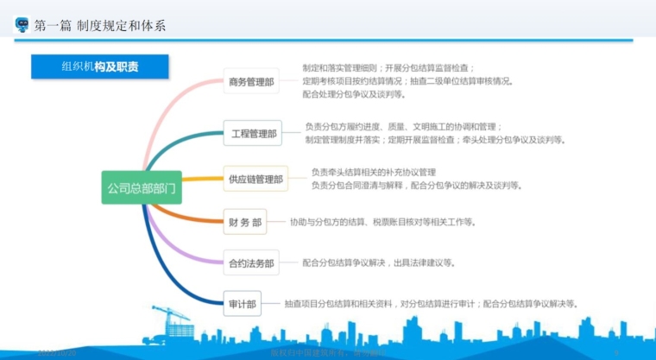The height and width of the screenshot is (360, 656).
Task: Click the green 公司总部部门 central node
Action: pos(141,186)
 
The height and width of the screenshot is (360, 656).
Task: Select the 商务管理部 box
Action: pos(251,82)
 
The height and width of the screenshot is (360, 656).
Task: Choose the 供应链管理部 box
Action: pos(255,180)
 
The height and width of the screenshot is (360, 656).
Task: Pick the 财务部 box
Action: pos(245,222)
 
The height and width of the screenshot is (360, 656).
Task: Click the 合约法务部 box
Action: pos(250,262)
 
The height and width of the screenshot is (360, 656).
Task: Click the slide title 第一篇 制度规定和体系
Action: pos(99,25)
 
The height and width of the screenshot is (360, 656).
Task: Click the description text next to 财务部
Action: pos(382,222)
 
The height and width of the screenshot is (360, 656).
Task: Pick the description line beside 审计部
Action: pos(432,304)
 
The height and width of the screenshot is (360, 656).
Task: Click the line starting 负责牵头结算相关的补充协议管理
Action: pos(374,172)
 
